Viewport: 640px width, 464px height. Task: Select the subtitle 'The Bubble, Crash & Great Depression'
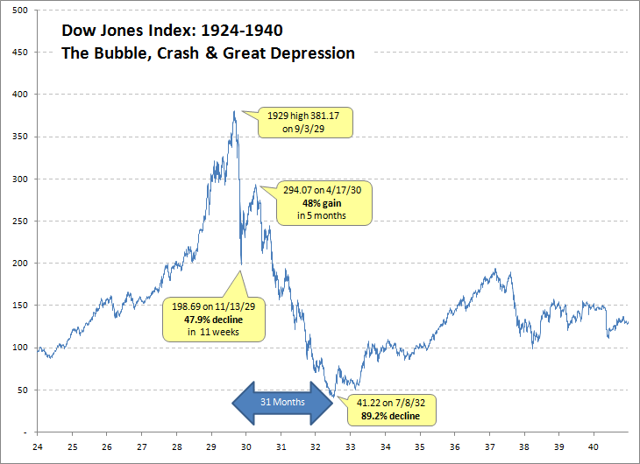(208, 53)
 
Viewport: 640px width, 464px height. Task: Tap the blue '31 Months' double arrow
(282, 402)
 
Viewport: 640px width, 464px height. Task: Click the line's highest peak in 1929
(234, 111)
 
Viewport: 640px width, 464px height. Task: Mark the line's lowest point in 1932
(332, 397)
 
